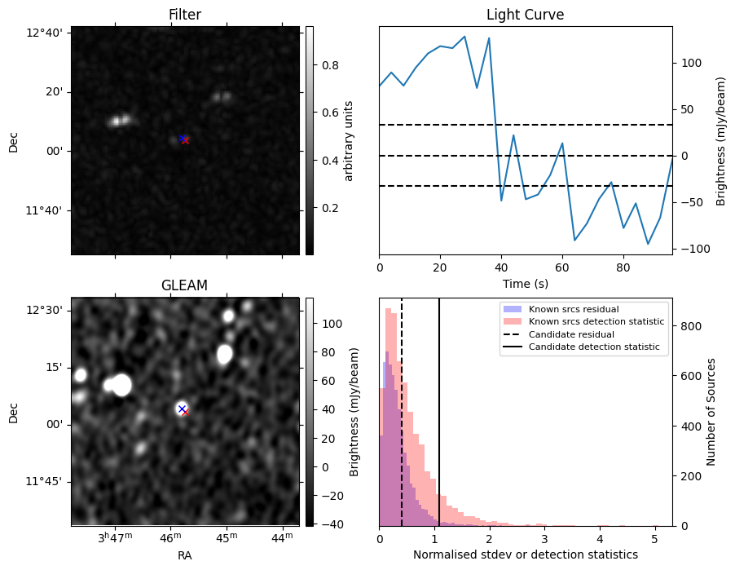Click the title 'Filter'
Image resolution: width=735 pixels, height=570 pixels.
tap(185, 15)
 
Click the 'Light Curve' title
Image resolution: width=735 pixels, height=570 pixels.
tap(525, 15)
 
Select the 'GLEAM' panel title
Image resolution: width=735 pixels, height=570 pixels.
tap(184, 285)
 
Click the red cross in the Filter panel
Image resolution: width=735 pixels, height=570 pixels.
tap(186, 141)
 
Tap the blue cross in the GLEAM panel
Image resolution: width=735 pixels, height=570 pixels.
tap(182, 409)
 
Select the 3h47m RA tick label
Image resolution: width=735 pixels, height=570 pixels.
tap(116, 537)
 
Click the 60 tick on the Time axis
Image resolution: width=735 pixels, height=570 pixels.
tap(562, 268)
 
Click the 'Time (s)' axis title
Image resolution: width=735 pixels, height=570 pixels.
tap(526, 283)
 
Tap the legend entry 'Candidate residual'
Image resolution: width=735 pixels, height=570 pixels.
tap(571, 334)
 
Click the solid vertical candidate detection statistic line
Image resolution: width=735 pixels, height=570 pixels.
tap(439, 412)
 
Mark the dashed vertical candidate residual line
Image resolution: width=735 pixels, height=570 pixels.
tap(402, 412)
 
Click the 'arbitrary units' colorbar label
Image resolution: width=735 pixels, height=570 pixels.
tap(348, 141)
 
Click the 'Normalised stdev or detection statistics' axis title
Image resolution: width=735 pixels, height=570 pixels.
tap(526, 555)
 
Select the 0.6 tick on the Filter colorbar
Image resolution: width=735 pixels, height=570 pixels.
tap(330, 113)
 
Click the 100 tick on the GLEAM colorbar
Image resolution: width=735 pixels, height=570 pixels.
tap(332, 324)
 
